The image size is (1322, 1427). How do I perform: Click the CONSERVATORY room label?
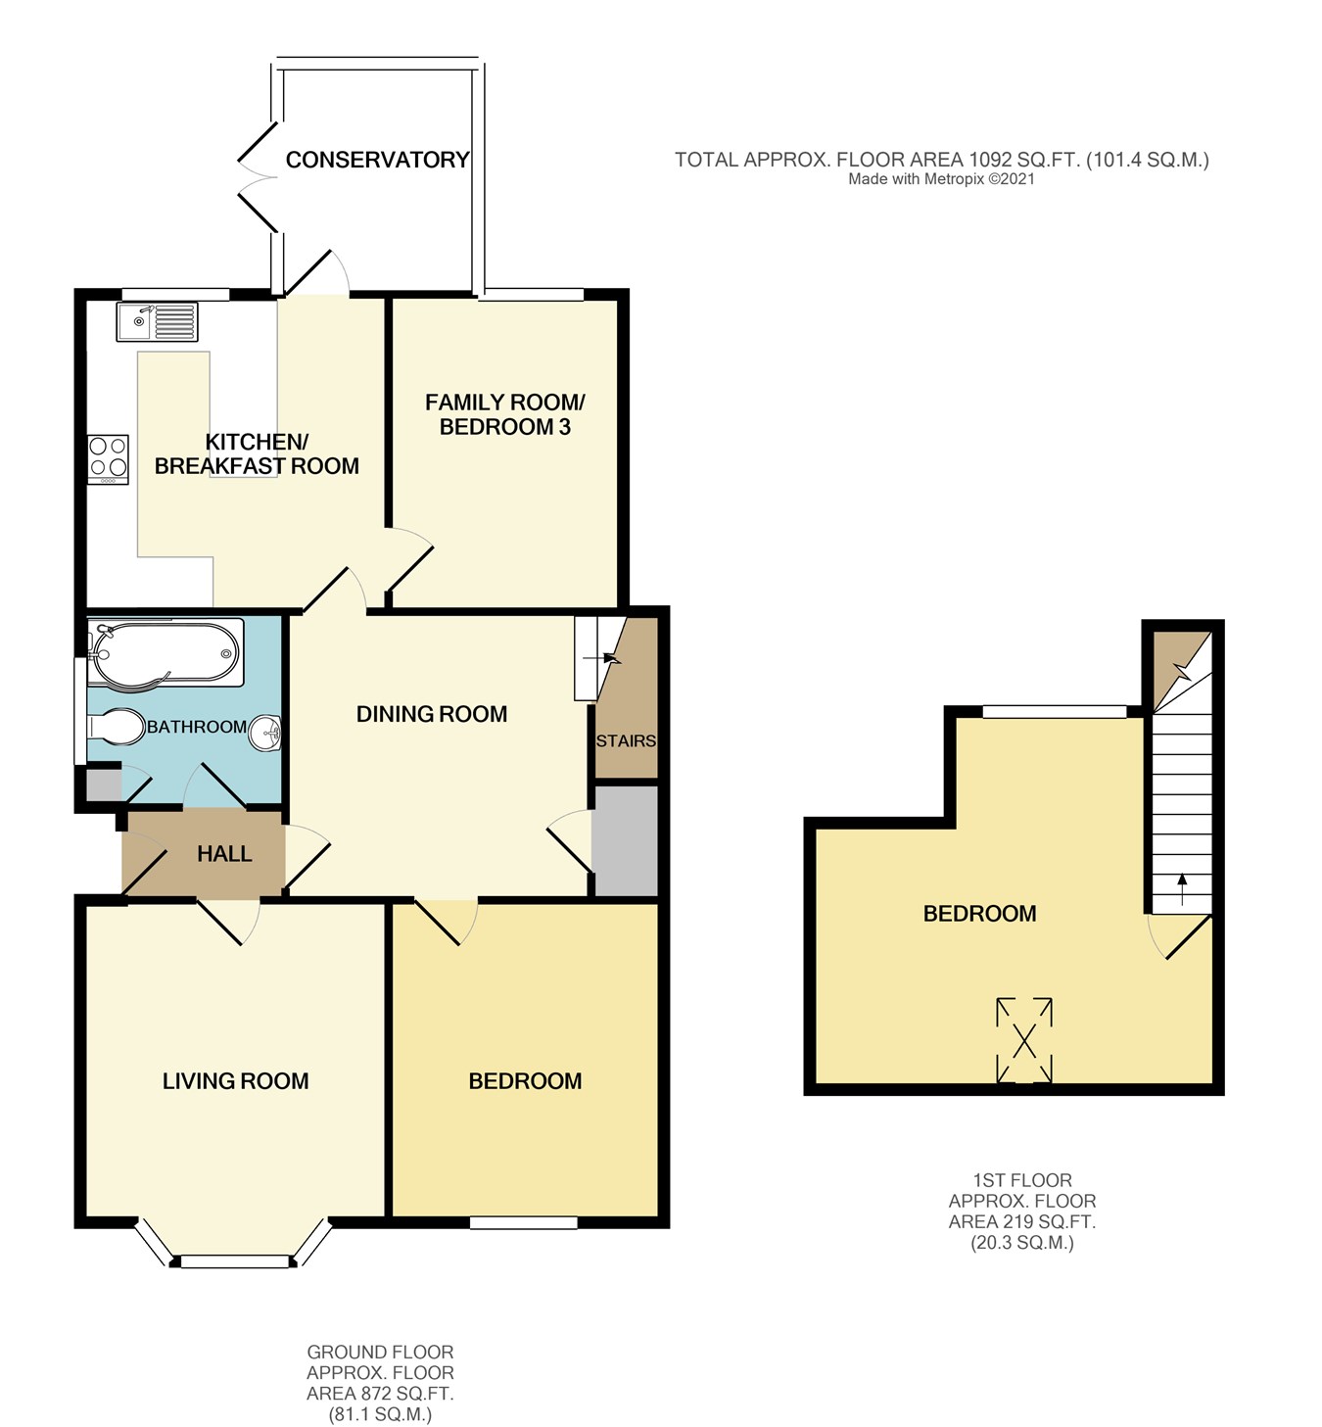click(377, 160)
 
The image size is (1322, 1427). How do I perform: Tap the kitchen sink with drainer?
click(157, 321)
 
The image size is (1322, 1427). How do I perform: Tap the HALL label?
click(224, 854)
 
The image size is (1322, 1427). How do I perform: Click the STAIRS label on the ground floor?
click(626, 740)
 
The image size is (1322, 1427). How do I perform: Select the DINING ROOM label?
click(432, 714)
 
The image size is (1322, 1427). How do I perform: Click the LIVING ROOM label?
click(235, 1081)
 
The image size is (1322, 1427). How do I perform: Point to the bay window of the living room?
click(234, 1259)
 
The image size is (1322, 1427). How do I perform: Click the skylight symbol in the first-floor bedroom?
click(1024, 1040)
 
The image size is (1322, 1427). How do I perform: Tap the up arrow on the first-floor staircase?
click(1182, 889)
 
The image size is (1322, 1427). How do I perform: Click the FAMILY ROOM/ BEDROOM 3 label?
click(504, 414)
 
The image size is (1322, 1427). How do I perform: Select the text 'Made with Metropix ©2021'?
click(941, 179)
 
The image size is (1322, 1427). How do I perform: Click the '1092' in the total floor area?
click(989, 160)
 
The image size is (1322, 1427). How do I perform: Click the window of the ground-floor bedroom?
click(523, 1221)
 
